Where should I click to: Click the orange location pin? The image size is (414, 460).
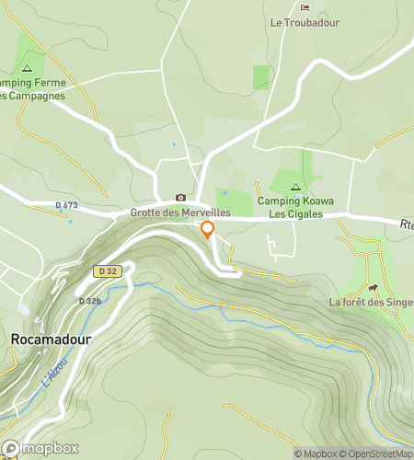pyautogui.click(x=208, y=230)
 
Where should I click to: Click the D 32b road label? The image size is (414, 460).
pyautogui.click(x=89, y=301)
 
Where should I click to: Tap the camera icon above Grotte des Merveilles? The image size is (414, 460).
pyautogui.click(x=180, y=198)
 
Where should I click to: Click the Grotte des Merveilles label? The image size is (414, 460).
pyautogui.click(x=179, y=213)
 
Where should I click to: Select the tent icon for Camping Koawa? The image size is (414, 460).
pyautogui.click(x=295, y=187)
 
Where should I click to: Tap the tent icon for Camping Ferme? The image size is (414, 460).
pyautogui.click(x=27, y=68)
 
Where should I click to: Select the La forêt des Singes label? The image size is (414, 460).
pyautogui.click(x=371, y=302)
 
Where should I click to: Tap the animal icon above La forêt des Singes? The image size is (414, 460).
pyautogui.click(x=374, y=286)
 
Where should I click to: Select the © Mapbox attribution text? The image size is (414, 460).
pyautogui.click(x=316, y=453)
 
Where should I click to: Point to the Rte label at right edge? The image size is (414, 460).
pyautogui.click(x=405, y=224)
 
